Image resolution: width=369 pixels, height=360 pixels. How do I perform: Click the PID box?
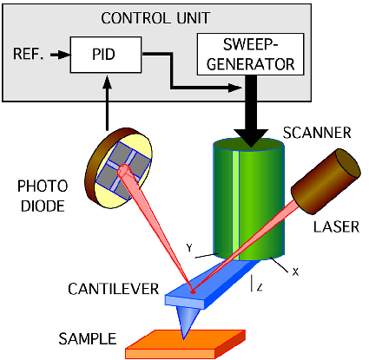[106, 55]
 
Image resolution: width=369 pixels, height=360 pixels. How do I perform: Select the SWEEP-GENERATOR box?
[250, 54]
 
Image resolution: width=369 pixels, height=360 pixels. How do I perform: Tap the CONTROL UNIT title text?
[155, 18]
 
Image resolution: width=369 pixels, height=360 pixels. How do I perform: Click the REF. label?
[28, 54]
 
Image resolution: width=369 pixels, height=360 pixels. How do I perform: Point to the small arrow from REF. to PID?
[60, 55]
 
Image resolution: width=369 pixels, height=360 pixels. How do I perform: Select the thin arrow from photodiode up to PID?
[108, 103]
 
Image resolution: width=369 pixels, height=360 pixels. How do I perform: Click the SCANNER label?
[317, 133]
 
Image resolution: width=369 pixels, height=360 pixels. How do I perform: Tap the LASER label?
[336, 227]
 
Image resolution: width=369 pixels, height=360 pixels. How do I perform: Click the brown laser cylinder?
[326, 181]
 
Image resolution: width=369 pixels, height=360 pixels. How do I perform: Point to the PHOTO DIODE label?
[43, 196]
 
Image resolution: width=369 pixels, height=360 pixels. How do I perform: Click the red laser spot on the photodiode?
[124, 170]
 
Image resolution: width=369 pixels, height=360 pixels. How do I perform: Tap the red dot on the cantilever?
[193, 292]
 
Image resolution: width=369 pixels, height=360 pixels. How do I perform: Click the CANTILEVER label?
[114, 289]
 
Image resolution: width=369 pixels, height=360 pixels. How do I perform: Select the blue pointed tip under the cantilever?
[186, 322]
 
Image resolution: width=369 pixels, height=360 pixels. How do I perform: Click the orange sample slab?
[185, 344]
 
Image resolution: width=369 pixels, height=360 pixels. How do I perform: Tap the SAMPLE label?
[88, 338]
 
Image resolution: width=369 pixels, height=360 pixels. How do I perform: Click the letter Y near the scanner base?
[189, 248]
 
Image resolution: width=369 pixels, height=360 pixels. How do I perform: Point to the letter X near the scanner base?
[295, 272]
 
